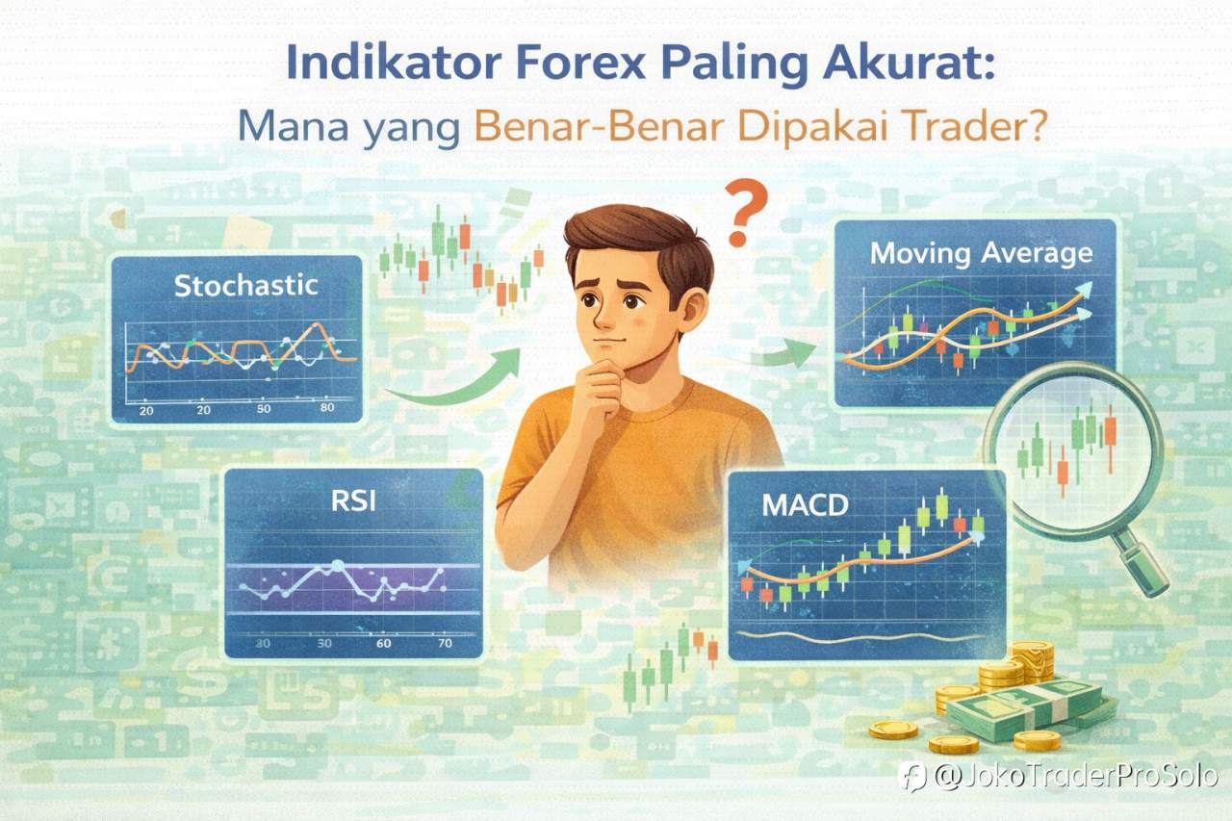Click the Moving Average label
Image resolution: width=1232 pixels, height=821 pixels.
(981, 254)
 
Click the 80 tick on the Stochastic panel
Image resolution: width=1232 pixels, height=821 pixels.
(325, 409)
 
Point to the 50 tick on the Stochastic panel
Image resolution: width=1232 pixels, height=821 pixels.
(264, 410)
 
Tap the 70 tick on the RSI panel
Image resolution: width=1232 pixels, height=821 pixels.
(445, 643)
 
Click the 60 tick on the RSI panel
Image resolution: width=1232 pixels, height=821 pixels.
(384, 643)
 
